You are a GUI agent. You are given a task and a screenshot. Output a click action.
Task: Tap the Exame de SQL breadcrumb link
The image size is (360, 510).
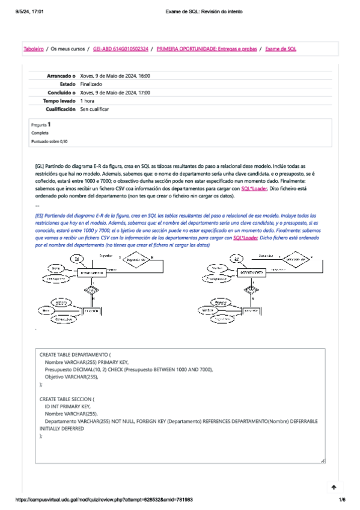(x=281, y=49)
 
